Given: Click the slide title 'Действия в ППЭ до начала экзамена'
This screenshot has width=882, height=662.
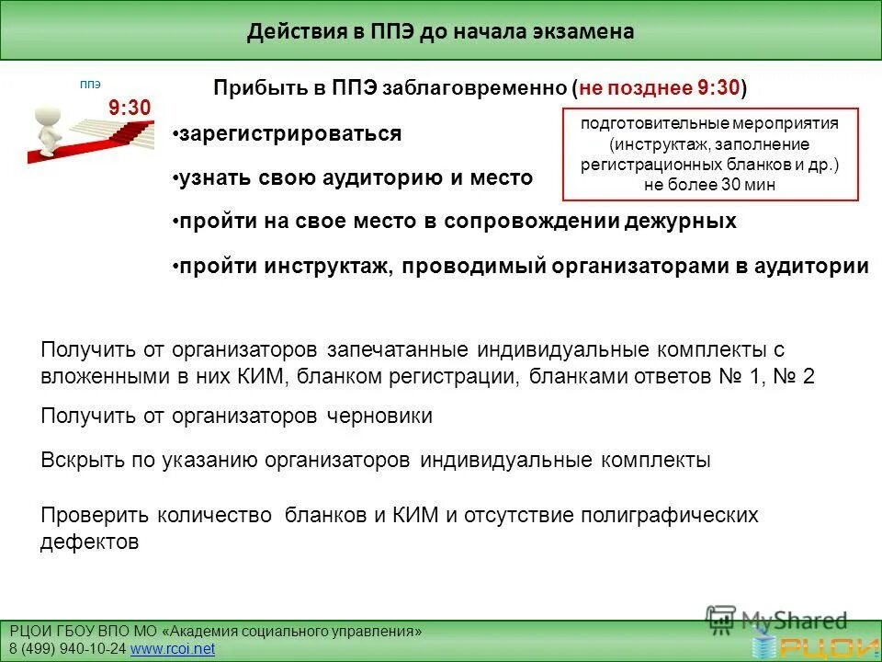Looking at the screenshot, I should (x=440, y=32).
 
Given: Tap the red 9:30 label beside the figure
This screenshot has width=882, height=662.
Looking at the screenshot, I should (x=129, y=108).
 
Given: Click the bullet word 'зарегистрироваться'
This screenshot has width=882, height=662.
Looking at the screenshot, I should (x=290, y=134).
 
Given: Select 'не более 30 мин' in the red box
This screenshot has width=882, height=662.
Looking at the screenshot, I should (x=709, y=184).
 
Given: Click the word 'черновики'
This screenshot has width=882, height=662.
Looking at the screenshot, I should (x=379, y=417).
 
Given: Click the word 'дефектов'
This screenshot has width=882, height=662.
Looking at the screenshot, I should (x=89, y=542).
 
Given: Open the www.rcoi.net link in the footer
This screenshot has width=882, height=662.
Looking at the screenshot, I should (x=173, y=649).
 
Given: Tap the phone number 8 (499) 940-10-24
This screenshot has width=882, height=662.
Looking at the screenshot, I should (x=68, y=649).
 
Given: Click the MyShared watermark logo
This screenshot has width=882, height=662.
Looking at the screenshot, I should (x=776, y=621).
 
